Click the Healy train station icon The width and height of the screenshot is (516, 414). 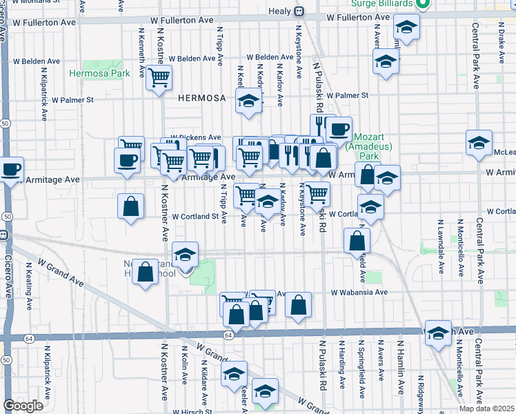pos(299,12)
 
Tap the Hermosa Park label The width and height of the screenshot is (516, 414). pos(99,73)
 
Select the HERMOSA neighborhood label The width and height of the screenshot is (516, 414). pos(201,98)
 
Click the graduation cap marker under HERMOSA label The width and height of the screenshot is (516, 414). pos(246,102)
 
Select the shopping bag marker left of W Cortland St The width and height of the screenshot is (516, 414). pos(130,206)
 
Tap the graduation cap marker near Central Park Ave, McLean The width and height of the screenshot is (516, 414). pos(479,143)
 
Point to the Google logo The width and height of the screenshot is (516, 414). pos(23,406)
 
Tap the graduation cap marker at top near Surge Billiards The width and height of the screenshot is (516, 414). pos(407,28)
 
